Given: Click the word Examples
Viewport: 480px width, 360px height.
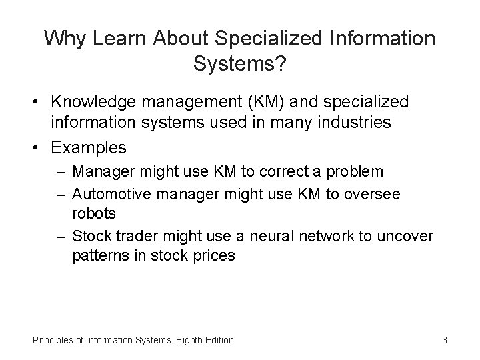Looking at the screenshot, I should pyautogui.click(x=89, y=146).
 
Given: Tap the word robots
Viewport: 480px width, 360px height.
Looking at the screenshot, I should pyautogui.click(x=94, y=213).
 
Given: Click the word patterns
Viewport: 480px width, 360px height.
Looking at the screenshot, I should pyautogui.click(x=101, y=256).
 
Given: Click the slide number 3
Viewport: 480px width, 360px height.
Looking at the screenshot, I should pyautogui.click(x=444, y=340).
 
